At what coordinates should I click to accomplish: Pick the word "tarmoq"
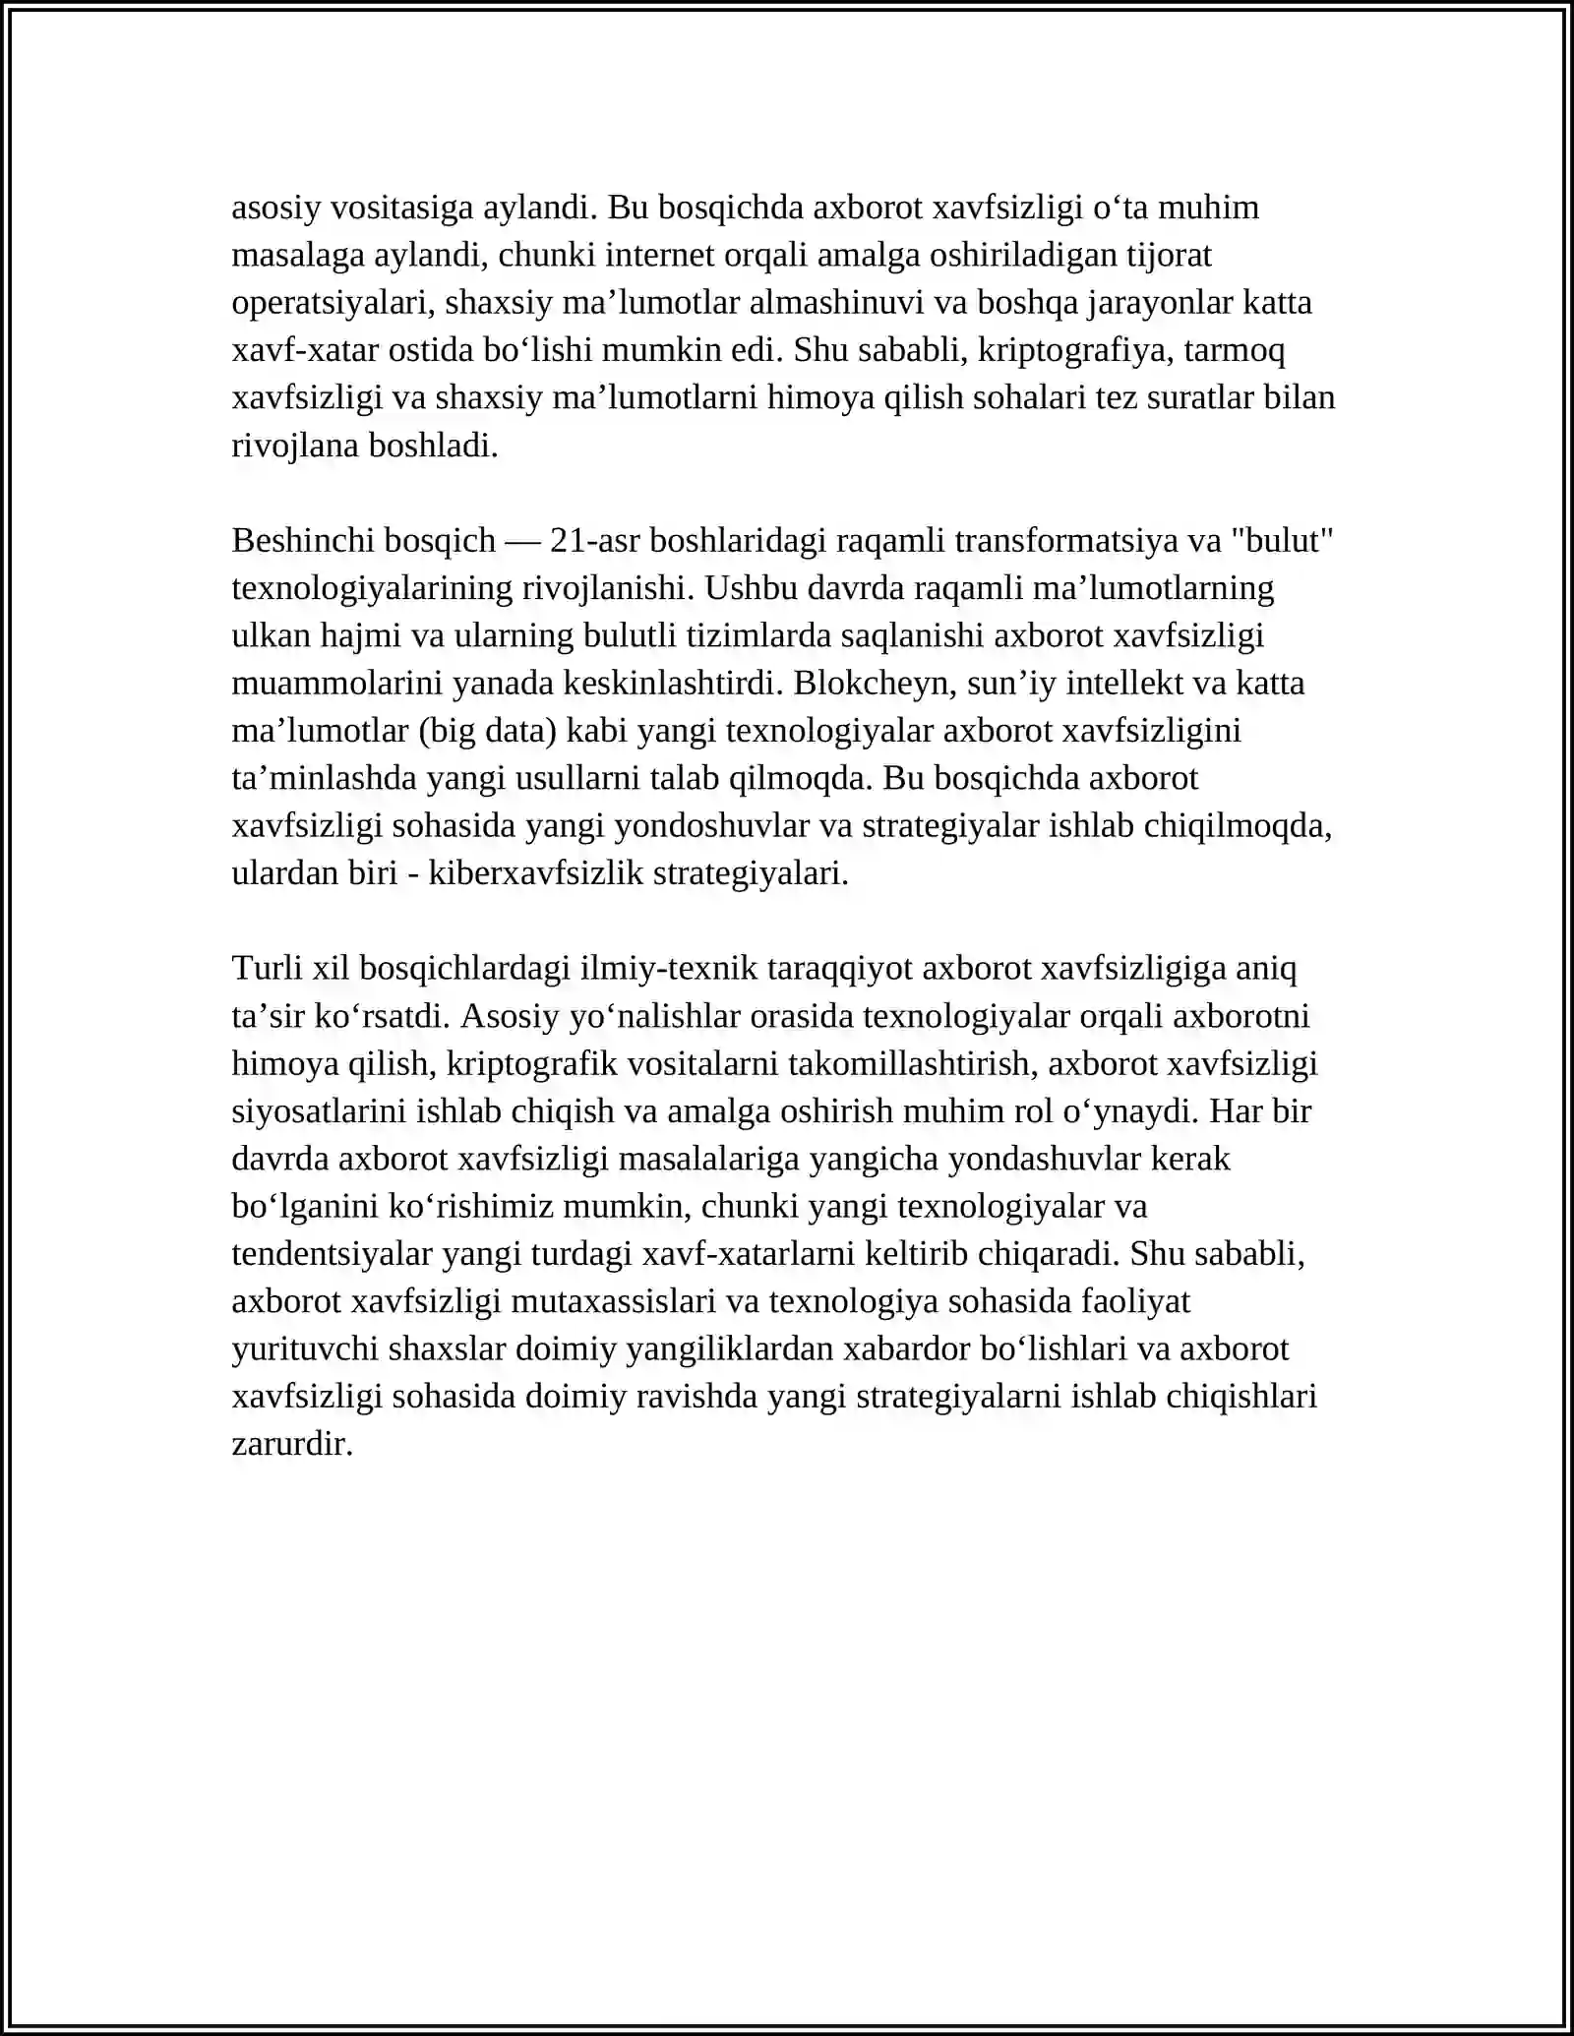tap(1239, 350)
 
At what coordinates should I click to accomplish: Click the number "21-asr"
tap(595, 541)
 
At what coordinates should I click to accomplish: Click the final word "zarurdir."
tap(292, 1444)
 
